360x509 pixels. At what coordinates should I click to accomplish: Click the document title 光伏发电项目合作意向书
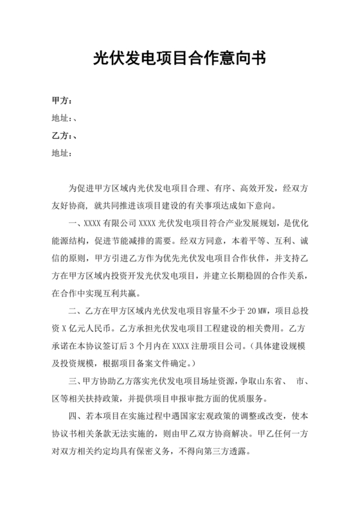point(179,60)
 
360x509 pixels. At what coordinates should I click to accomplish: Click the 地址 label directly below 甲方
point(60,118)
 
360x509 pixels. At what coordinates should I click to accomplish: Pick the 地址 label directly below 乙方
point(60,153)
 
